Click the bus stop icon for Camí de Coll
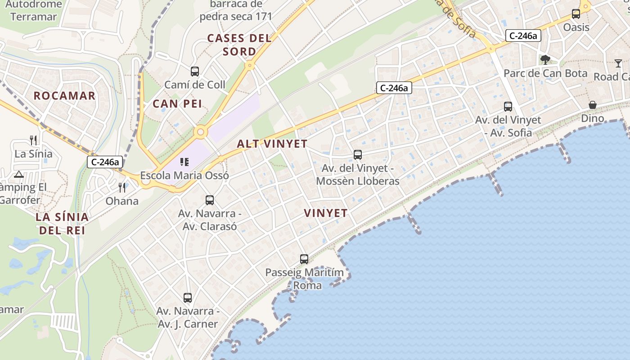194,71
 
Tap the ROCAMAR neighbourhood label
65,95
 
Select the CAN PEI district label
177,104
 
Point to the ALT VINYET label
272,144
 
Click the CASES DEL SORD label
239,45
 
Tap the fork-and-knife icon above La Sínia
33,140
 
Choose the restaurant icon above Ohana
122,187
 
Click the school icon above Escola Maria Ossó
184,162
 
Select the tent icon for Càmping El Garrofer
18,174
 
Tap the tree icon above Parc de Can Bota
545,59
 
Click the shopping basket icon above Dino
593,105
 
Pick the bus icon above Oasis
576,14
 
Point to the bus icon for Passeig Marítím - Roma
304,259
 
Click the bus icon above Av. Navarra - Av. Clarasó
210,200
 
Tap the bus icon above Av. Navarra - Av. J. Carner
188,297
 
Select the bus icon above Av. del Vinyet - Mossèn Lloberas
358,155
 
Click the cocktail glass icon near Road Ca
618,63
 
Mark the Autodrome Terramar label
34,11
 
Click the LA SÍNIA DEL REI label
63,224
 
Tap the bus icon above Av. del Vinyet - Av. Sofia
508,107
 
